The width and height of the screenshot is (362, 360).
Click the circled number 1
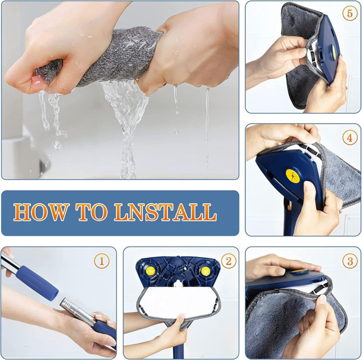(x=102, y=261)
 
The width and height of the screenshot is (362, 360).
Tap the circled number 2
(x=228, y=261)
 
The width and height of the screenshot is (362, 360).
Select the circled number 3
(x=350, y=261)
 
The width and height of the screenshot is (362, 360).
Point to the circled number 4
(x=350, y=137)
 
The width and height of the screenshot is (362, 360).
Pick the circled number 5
(x=350, y=14)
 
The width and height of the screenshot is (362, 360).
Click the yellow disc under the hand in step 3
(x=300, y=271)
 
